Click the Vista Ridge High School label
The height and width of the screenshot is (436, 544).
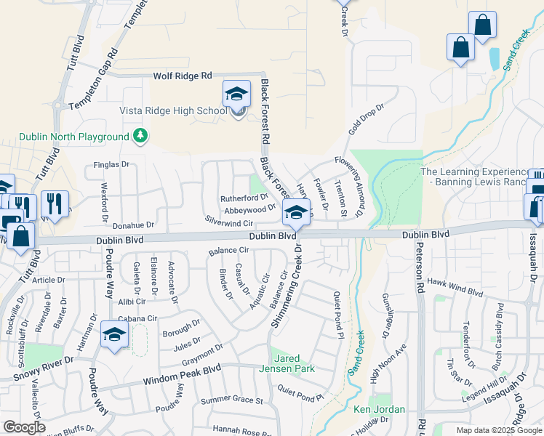point(173,110)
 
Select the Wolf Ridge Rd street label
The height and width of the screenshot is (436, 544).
point(182,76)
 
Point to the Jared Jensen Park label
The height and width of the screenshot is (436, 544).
point(293,363)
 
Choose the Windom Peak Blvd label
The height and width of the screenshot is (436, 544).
point(181,374)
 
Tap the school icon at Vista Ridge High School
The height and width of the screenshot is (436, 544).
point(236,94)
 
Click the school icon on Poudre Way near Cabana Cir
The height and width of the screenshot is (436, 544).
point(114,334)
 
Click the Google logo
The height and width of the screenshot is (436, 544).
point(23,427)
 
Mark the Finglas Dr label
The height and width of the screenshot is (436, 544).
point(111,165)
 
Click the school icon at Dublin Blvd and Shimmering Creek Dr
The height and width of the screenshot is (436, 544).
point(295,212)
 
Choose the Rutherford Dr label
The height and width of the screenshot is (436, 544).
point(244,198)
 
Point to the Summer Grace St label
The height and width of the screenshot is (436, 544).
point(231,400)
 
